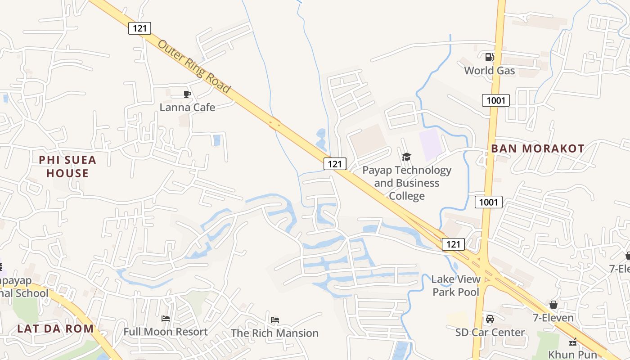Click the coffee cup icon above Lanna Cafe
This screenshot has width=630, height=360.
click(187, 94)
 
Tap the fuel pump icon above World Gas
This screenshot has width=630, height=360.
click(489, 57)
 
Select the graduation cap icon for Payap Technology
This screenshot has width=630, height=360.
click(406, 157)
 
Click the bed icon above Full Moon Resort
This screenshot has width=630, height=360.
click(166, 319)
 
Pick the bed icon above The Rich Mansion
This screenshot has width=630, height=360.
click(275, 320)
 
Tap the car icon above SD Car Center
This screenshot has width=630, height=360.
click(490, 319)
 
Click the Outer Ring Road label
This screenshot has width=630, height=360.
click(194, 66)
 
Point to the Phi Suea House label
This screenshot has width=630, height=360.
click(67, 166)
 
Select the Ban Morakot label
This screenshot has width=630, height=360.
click(537, 148)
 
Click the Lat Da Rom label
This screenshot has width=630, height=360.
click(55, 328)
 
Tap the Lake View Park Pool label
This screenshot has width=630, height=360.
click(456, 285)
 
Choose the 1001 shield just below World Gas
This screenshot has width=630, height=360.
click(495, 100)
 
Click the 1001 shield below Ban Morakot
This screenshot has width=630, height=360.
click(488, 202)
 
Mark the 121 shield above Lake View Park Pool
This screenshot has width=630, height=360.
click(453, 244)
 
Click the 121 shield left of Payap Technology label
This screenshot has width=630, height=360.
click(335, 164)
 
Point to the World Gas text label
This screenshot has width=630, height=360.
click(489, 71)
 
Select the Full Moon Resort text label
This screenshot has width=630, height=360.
click(166, 332)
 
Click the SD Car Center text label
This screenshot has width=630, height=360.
click(490, 333)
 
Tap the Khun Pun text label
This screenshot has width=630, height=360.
click(572, 354)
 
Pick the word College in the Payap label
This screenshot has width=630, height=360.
click(406, 196)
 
